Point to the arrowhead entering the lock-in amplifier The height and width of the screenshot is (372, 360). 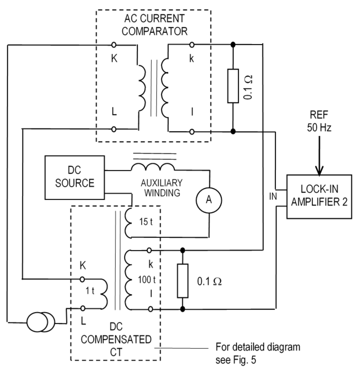pos(319,171)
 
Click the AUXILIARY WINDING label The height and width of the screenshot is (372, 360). pos(162,188)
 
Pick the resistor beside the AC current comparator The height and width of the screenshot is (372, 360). pos(233,86)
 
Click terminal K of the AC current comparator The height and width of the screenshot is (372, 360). pos(114,45)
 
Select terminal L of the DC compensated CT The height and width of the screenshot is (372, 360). pos(82,308)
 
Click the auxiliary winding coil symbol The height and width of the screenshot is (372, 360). pos(153,167)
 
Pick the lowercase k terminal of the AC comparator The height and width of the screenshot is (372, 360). pos(192,45)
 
